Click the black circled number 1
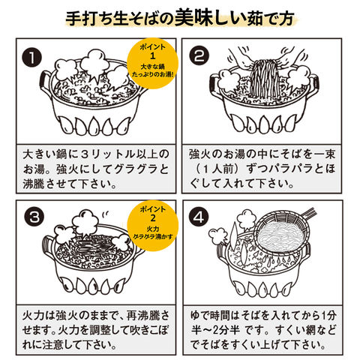tap(32, 58)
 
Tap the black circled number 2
tap(199, 55)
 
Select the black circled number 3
tap(34, 217)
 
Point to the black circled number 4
tap(199, 217)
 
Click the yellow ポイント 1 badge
tap(152, 63)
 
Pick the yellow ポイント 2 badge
tap(153, 225)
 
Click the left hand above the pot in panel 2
tap(242, 58)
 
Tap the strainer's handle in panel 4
tap(309, 213)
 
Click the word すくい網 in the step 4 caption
tap(292, 330)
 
